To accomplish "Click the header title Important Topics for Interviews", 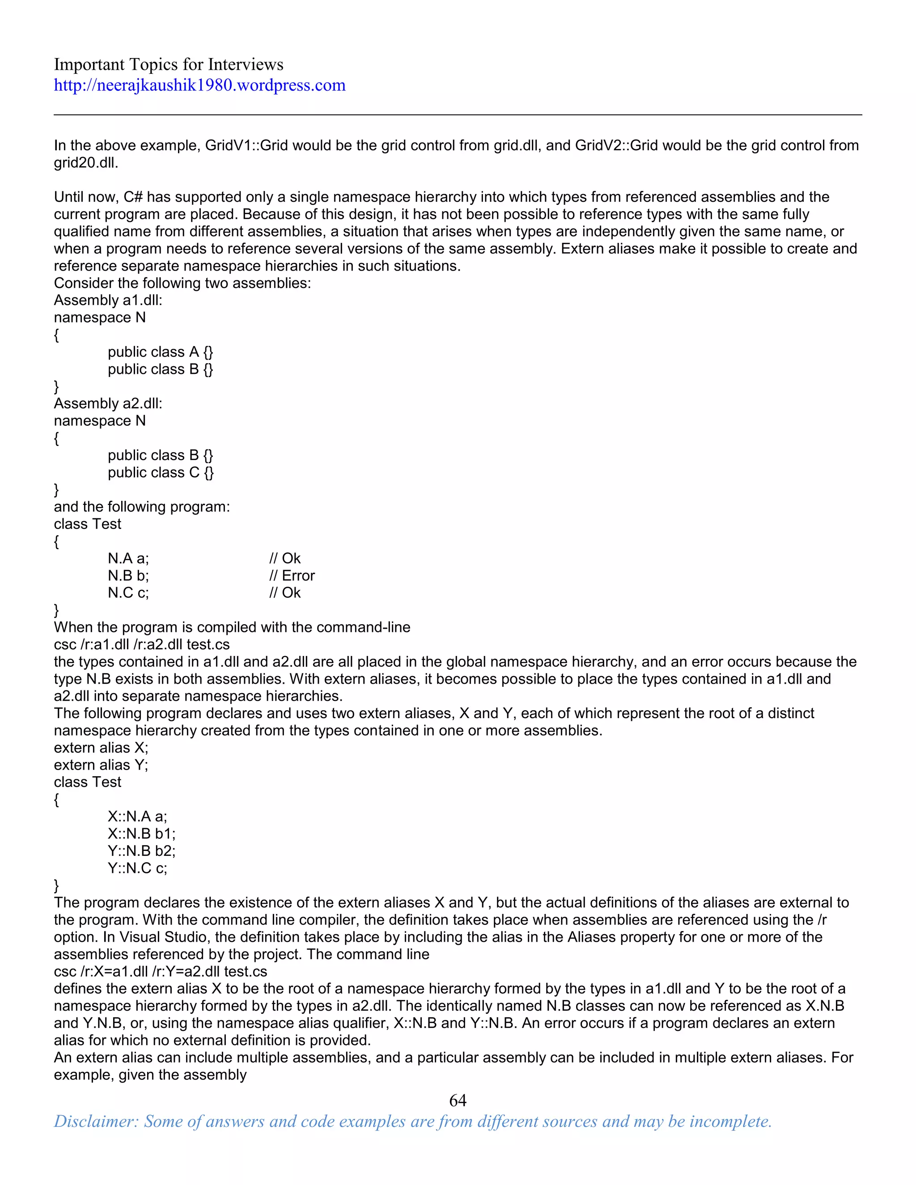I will (168, 64).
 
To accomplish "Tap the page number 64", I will (458, 1100).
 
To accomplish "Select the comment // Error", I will (292, 576).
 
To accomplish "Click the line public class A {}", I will (160, 352).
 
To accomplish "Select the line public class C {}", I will (161, 473).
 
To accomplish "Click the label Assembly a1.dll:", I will (108, 300).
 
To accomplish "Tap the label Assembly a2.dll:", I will (108, 404).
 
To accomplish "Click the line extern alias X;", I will (101, 748).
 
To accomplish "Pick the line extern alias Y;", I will (101, 765).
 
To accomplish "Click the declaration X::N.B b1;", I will (142, 834).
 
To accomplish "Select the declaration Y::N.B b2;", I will (142, 851).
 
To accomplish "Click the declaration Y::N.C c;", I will (137, 868).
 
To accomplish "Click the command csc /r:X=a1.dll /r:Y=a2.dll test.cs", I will (160, 971).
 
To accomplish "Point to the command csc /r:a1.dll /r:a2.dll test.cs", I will (142, 644).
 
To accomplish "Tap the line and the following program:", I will (142, 507).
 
